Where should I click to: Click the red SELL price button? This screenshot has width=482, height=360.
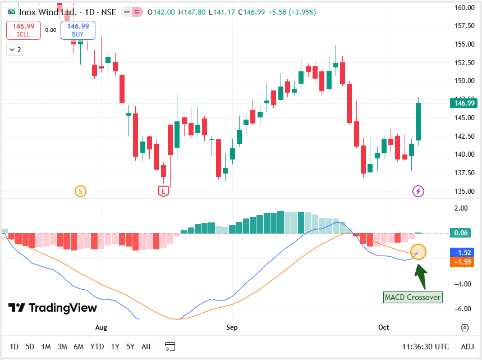pos(23,30)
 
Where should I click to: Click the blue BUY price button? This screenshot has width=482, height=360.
pos(78,30)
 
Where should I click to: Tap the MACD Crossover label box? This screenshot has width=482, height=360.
pos(413,297)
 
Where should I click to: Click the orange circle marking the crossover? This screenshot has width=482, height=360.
pos(419,252)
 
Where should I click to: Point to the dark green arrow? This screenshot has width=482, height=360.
pos(420,275)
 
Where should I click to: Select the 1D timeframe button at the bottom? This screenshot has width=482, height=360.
pos(14,347)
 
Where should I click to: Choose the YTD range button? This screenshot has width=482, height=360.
pos(97,347)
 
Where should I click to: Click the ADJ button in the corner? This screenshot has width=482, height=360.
pos(467,347)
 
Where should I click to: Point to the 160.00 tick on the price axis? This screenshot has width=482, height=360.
pos(465,8)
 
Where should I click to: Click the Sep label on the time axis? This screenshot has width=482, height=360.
pos(232,327)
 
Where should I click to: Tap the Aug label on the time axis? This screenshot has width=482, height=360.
pos(101,327)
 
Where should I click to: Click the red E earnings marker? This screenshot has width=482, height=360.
pos(163,191)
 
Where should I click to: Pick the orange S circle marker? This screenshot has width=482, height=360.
pos(80,192)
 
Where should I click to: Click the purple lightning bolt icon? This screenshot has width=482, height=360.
pos(419,192)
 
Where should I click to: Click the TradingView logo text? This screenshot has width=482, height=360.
pos(53,308)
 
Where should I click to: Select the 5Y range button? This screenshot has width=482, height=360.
pos(130,347)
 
